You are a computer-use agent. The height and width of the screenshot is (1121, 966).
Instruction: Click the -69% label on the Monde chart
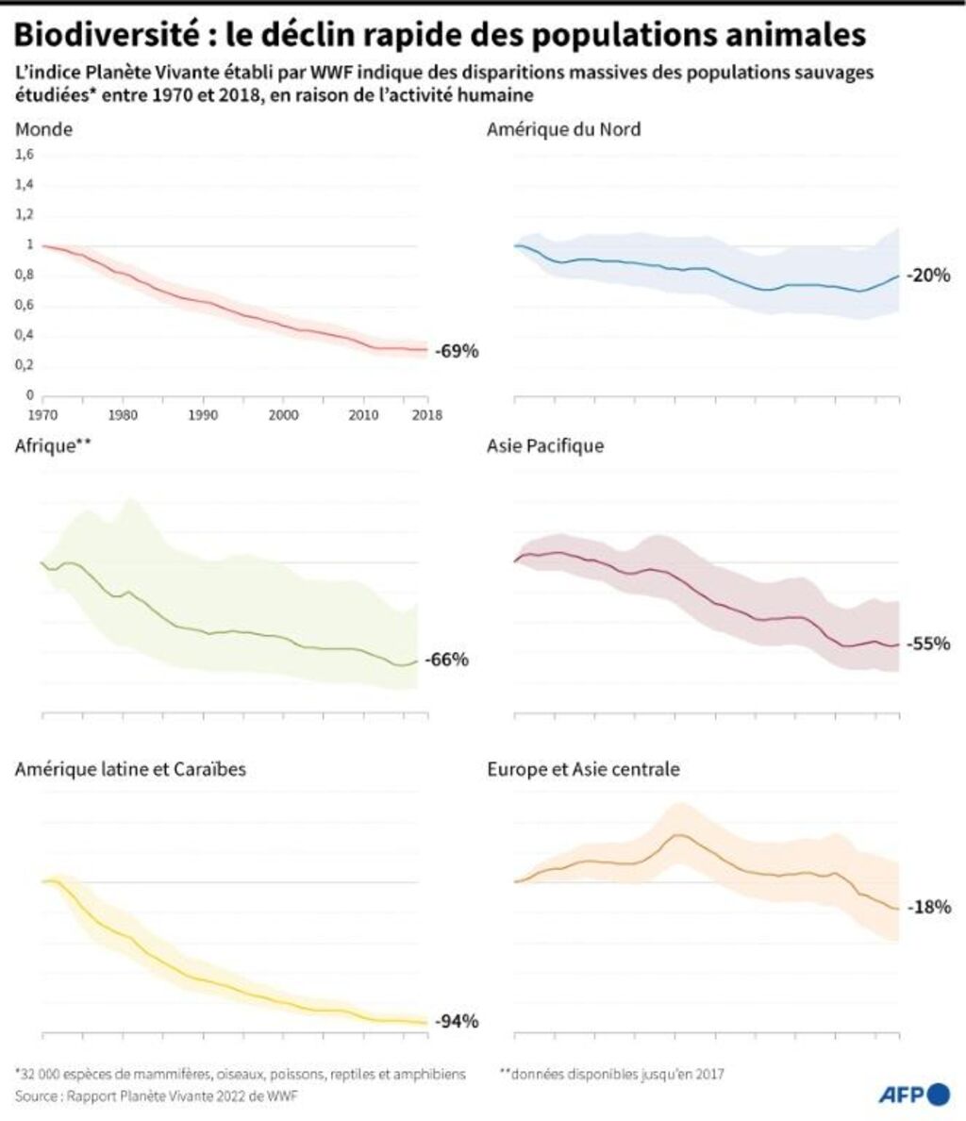[458, 351]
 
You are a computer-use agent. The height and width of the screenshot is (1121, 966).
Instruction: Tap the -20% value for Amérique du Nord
[928, 276]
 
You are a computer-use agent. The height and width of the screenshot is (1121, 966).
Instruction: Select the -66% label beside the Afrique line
[446, 660]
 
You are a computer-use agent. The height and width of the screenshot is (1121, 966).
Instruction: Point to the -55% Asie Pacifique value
[928, 644]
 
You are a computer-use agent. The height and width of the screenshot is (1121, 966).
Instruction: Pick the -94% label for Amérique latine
[458, 1021]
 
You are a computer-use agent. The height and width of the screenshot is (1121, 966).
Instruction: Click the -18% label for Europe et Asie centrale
[928, 907]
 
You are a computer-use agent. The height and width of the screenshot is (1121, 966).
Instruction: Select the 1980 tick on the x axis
[120, 414]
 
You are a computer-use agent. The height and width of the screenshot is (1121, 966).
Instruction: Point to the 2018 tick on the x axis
[427, 414]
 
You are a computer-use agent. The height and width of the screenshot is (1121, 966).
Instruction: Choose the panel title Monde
[43, 129]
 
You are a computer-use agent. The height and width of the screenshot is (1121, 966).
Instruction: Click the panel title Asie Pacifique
[545, 445]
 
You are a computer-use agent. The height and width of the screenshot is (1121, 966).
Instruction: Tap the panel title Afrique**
[52, 445]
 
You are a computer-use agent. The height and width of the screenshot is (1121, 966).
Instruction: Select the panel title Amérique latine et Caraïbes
[130, 769]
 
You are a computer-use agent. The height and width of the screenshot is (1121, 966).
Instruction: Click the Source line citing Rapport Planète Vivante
[160, 1096]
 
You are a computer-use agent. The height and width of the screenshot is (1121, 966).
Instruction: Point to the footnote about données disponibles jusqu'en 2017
[616, 1073]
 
